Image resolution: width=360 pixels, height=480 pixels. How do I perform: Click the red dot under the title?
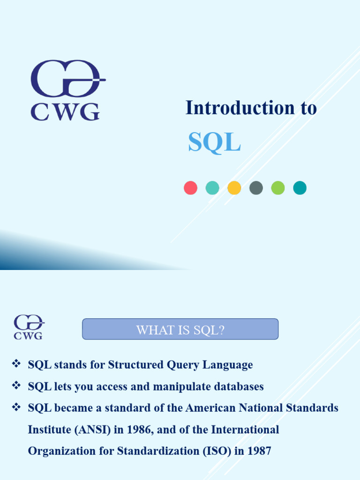pos(190,188)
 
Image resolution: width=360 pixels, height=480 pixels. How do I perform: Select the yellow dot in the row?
pos(234,188)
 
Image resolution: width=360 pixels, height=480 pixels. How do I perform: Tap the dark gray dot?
pos(256,188)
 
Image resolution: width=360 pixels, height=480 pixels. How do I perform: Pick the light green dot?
pos(278,188)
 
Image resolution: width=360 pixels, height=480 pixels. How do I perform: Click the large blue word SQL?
pos(214,142)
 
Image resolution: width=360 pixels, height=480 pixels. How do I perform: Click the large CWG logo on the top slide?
pos(66,90)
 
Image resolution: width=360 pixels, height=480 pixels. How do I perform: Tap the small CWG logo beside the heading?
pos(28,327)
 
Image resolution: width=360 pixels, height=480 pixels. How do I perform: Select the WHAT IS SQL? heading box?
pos(180,330)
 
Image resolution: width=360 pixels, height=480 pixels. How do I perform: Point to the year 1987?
pos(259,451)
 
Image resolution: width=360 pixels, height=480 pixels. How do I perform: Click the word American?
pos(210,408)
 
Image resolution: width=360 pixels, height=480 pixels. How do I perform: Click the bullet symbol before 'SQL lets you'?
pos(16,386)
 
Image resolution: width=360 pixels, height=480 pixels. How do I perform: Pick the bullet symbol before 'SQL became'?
pos(16,407)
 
